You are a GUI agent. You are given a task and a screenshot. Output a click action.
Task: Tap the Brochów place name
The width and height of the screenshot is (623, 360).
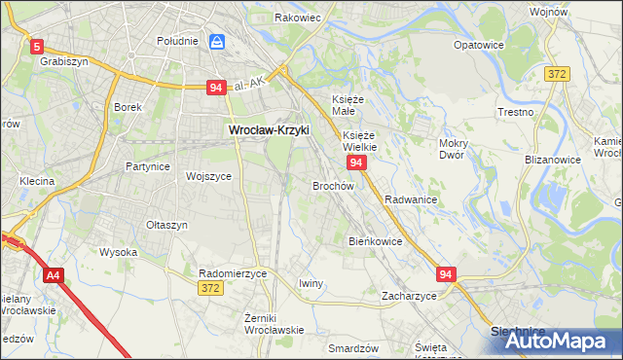(x=332, y=185)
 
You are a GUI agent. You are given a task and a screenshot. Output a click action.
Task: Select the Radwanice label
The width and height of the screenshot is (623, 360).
(x=410, y=199)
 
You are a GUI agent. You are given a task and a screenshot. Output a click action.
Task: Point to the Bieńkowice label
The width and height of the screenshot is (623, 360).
(x=376, y=240)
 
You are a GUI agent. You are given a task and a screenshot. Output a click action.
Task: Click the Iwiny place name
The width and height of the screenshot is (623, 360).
(x=311, y=283)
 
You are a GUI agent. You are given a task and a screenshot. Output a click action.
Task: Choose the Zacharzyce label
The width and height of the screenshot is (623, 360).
(x=409, y=295)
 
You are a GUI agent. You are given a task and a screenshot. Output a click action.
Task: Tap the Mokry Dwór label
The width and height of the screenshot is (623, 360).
(x=454, y=149)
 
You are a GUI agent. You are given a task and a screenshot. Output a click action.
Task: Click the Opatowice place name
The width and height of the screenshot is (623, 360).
(x=479, y=46)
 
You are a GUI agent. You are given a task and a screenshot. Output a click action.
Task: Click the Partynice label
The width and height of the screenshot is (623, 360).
(x=148, y=166)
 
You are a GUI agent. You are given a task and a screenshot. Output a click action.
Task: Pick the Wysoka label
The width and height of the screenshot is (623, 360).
(x=119, y=252)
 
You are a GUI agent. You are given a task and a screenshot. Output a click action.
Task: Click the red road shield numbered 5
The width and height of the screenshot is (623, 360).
(x=37, y=46)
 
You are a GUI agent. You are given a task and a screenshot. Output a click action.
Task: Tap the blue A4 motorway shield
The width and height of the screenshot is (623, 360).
(x=53, y=276)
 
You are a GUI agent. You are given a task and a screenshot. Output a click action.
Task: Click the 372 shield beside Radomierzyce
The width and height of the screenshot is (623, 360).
(x=210, y=288)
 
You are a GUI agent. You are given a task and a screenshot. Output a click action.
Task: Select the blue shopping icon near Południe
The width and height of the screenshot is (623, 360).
(x=217, y=42)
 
